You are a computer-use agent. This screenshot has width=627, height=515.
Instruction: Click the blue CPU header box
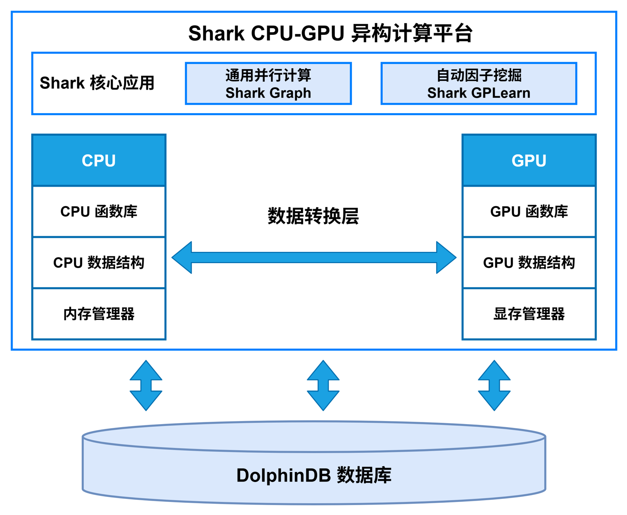coord(99,161)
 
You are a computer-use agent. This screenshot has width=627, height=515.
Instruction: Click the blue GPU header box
coord(529,161)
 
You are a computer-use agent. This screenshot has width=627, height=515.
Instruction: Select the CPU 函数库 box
coord(99,212)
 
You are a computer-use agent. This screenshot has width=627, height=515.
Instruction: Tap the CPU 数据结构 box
coord(99,263)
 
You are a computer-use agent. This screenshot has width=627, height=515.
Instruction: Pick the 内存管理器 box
coord(99,314)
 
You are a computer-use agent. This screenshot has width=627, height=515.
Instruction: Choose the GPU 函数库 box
coord(529,212)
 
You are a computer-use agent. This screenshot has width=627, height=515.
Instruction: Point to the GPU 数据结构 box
coord(529,263)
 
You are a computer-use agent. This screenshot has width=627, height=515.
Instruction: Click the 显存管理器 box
coord(529,314)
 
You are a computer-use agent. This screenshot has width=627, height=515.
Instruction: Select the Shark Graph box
coord(268,84)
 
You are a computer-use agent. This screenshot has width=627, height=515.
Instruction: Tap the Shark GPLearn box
coord(479,84)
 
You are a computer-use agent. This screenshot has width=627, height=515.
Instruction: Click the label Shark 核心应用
coord(97,83)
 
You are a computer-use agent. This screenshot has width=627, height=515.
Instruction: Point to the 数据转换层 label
coord(313,216)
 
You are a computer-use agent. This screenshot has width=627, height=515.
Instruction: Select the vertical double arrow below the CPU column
coord(146,385)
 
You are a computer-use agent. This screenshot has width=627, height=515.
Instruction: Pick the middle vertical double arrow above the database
coord(323,385)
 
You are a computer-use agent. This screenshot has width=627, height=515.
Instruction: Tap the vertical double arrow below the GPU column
coord(494,385)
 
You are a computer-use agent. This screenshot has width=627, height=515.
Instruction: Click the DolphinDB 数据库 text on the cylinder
coord(313,475)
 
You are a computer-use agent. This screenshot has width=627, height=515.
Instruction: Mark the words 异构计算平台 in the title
coord(411,33)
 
